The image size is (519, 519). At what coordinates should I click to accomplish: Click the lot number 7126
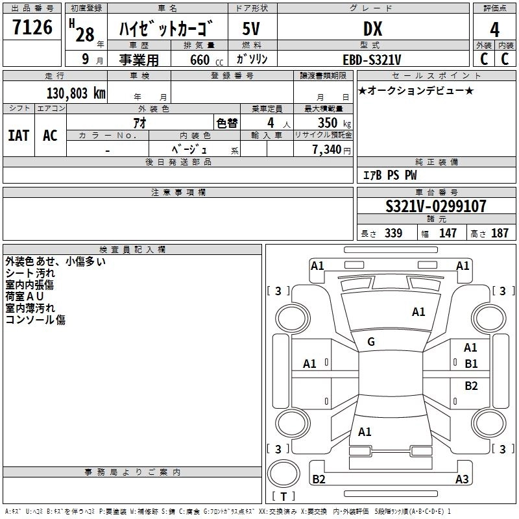coord(32,28)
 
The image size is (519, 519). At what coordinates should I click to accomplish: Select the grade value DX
coord(372,29)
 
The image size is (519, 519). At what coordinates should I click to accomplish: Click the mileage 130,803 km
coord(76,93)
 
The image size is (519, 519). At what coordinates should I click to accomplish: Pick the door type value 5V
coord(252,29)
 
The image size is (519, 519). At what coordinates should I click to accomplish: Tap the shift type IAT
coord(18,135)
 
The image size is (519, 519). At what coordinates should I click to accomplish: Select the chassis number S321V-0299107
coord(435,206)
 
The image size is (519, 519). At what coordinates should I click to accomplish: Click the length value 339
coord(392,234)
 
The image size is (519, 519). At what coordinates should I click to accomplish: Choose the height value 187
coord(500,234)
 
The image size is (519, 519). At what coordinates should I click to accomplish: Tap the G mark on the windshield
coord(371,342)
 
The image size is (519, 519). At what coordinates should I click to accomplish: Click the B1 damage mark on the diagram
coord(471,363)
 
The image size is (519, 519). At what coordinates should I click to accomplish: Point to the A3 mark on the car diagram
coord(462,479)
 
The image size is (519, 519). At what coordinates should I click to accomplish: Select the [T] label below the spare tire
coord(284,497)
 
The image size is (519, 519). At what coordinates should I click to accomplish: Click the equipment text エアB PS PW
coord(389,175)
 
